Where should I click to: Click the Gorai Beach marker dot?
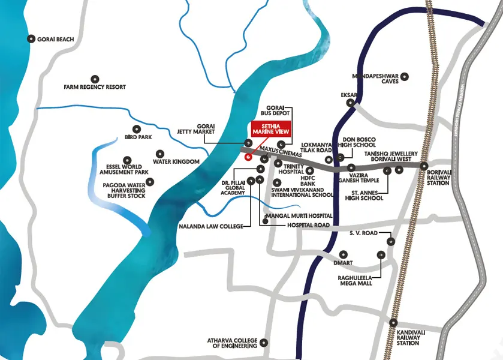(x=31, y=39)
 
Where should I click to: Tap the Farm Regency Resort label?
(x=95, y=87)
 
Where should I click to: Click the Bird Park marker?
(x=136, y=128)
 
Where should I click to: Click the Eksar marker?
(x=350, y=103)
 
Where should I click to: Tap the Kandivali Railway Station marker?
(x=393, y=322)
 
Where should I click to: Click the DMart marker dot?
(x=344, y=254)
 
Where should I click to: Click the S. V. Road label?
(x=363, y=233)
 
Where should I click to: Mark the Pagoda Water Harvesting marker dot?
(x=150, y=181)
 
